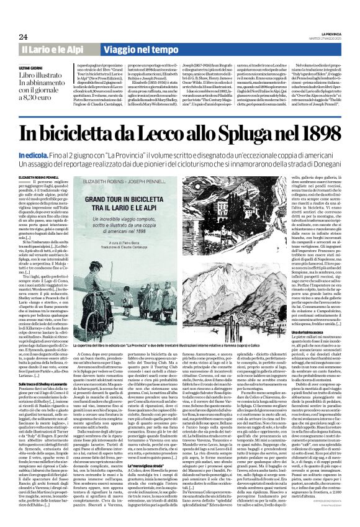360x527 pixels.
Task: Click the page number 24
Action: (x=25, y=37)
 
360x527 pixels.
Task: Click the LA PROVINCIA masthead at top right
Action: (x=327, y=35)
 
